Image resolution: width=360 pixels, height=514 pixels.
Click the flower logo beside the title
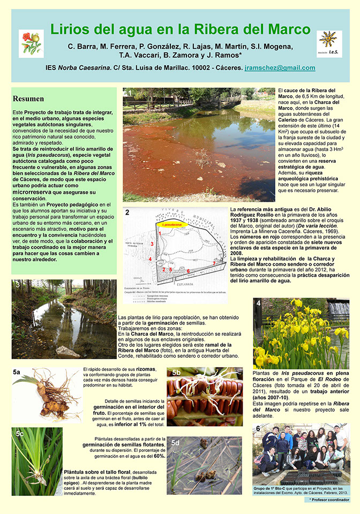[31, 43]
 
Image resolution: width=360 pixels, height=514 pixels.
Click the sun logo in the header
[329, 43]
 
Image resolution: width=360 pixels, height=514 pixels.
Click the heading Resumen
[28, 99]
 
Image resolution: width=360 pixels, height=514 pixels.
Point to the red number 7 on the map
[214, 263]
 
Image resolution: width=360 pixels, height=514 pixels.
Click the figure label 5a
[17, 371]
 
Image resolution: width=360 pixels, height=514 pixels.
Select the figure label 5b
[176, 372]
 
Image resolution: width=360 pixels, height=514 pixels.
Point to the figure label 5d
[176, 443]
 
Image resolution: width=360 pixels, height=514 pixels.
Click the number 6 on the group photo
[258, 428]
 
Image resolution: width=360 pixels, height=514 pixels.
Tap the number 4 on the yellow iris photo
[258, 303]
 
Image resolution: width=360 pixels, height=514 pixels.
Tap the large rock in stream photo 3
[67, 352]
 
